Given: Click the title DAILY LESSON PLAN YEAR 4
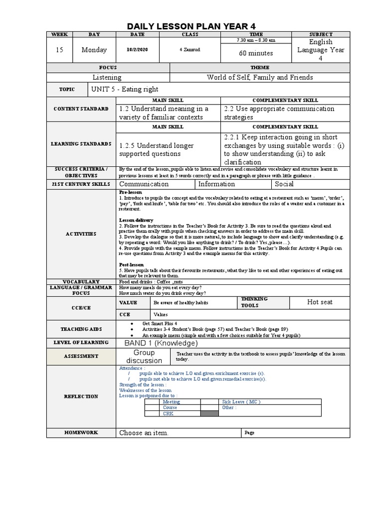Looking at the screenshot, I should pyautogui.click(x=191, y=26).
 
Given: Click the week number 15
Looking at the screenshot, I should pyautogui.click(x=59, y=50).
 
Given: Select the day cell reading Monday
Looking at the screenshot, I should pyautogui.click(x=94, y=50).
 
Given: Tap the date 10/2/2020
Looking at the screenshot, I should pyautogui.click(x=137, y=50).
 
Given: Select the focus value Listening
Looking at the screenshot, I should pyautogui.click(x=107, y=77).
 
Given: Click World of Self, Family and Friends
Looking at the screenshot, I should pyautogui.click(x=260, y=77).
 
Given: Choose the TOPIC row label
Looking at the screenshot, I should pyautogui.click(x=67, y=90).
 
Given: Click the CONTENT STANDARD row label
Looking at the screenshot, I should pyautogui.click(x=81, y=109).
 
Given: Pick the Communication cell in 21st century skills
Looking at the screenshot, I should pyautogui.click(x=144, y=184).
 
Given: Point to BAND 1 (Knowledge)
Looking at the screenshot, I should pyautogui.click(x=158, y=343).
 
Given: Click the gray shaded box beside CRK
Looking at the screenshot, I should pyautogui.click(x=209, y=413).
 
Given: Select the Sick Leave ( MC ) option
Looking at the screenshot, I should pyautogui.click(x=241, y=401).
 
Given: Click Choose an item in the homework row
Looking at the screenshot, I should pyautogui.click(x=144, y=433).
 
